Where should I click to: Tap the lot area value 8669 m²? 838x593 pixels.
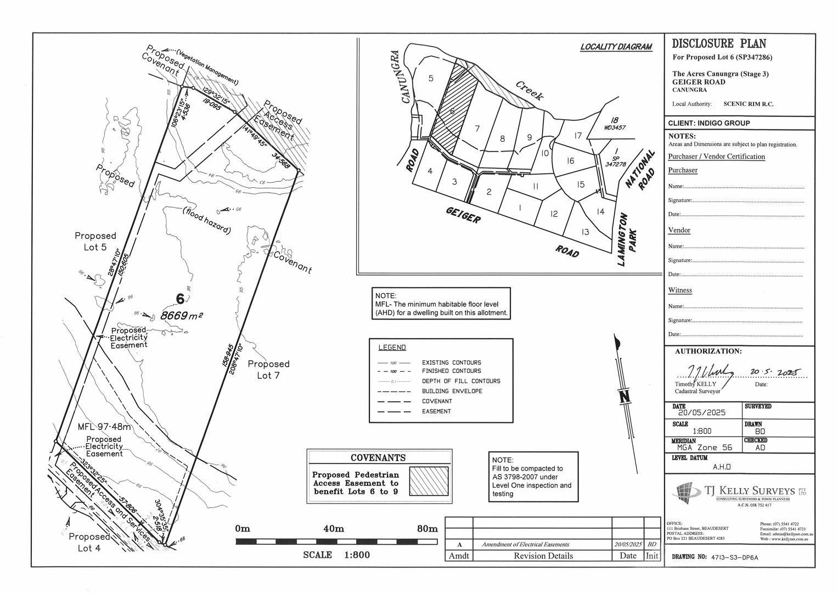tap(182, 316)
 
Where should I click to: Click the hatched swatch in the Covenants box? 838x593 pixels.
tap(429, 481)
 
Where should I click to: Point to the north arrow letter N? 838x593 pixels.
tap(624, 397)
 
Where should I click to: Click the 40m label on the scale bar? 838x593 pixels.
tap(334, 529)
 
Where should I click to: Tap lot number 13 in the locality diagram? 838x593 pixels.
tap(585, 232)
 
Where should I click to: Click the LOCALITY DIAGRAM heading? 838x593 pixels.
tap(616, 47)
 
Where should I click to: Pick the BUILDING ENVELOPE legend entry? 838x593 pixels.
tap(452, 391)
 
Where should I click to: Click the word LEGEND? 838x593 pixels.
tap(392, 348)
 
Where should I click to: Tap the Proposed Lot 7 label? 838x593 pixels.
tap(268, 370)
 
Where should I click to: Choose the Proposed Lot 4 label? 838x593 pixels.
tap(89, 542)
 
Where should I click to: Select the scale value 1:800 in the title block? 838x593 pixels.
tap(702, 431)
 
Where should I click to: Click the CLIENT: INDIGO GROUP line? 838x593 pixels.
tap(708, 124)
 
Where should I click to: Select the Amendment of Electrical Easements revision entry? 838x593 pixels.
tap(525, 545)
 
